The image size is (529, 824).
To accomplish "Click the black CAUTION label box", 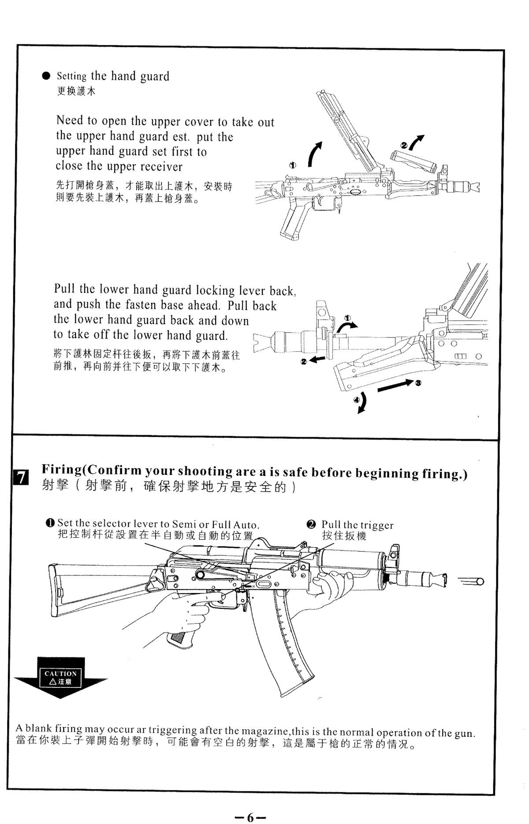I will pos(60,677).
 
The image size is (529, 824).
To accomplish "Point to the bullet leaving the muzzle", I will pos(478,582).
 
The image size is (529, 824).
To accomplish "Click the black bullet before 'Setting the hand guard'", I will pos(46,76).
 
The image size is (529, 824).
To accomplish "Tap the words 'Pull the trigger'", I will pos(357,525).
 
